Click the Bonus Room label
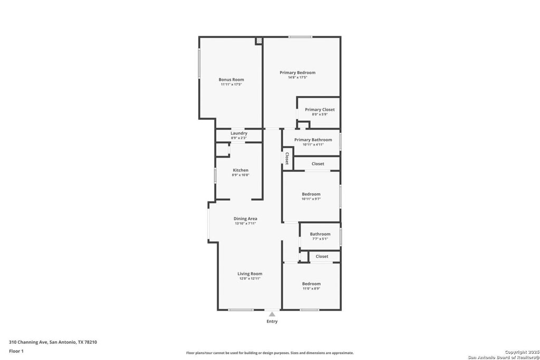pos(231,80)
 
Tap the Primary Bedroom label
pos(297,73)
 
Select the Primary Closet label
pos(320,110)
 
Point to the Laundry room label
pos(239,133)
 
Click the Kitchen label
pos(240,170)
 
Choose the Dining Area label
pos(245,219)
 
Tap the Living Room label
pos(249,274)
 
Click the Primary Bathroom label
pos(313,140)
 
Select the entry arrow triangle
pos(272,314)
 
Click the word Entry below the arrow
pos(272,321)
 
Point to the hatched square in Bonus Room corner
pos(259,41)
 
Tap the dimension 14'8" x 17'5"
pos(297,77)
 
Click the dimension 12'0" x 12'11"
pos(249,278)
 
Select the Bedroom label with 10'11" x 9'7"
pos(311,194)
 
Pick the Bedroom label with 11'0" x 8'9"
pos(311,284)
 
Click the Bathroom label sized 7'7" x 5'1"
pos(320,234)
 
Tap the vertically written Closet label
pos(287,159)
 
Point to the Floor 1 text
pos(16,351)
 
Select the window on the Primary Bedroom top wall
pos(300,37)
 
